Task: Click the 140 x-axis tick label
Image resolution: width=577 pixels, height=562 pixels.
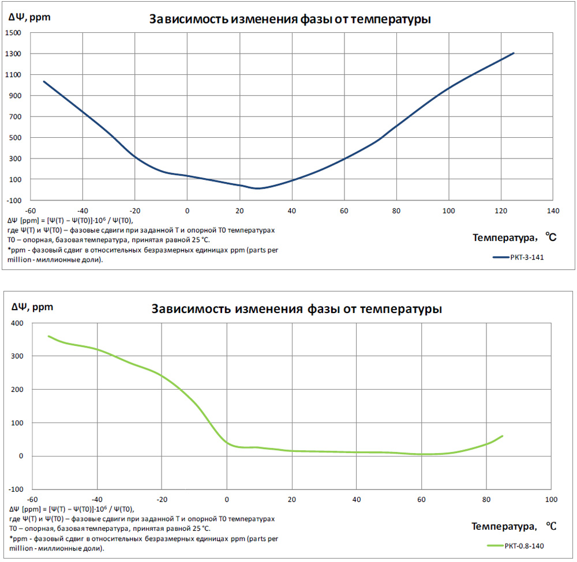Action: pos(553,211)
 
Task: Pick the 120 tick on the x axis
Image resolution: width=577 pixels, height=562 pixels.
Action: pos(500,211)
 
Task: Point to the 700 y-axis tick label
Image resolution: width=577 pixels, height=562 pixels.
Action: pos(16,116)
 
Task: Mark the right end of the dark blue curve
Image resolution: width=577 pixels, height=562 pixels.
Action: pos(514,53)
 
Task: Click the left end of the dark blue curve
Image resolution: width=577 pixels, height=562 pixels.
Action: pos(44,81)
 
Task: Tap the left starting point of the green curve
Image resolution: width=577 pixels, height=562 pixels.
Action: pos(48,336)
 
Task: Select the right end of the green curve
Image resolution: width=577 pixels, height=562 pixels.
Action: pos(503,436)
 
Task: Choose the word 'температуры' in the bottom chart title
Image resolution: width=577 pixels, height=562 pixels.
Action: pos(401,309)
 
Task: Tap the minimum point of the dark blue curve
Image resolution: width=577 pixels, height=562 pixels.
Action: pos(257,188)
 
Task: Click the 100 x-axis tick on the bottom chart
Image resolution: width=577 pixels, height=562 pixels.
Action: pos(551,499)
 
